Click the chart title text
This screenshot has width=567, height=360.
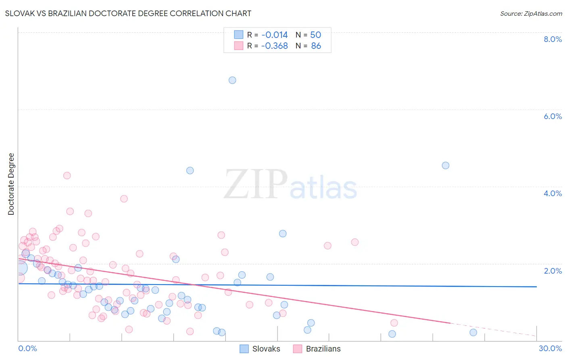coord(128,13)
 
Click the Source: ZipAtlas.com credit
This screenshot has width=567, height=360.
coord(531,13)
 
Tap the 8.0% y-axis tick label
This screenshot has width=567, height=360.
coord(552,39)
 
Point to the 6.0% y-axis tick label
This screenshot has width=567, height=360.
coord(552,116)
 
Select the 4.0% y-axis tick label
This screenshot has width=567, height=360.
coord(552,193)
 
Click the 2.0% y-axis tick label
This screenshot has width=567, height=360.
coord(552,271)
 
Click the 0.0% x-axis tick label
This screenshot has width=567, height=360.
coord(27,348)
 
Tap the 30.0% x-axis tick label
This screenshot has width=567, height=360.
coord(550,348)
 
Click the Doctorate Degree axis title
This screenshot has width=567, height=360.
coord(11,184)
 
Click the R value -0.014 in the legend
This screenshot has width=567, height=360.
coord(274,35)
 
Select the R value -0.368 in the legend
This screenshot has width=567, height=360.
coord(274,46)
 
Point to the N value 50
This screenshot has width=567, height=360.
coord(315,35)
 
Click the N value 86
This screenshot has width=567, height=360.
coord(316,46)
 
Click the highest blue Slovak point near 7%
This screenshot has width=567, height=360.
coord(232,80)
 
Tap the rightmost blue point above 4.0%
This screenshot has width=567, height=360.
coord(446,165)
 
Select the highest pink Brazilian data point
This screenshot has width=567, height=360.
coord(67,176)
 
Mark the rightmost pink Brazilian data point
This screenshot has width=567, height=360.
coord(394,323)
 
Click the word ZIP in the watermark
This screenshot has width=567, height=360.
coord(256,184)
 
